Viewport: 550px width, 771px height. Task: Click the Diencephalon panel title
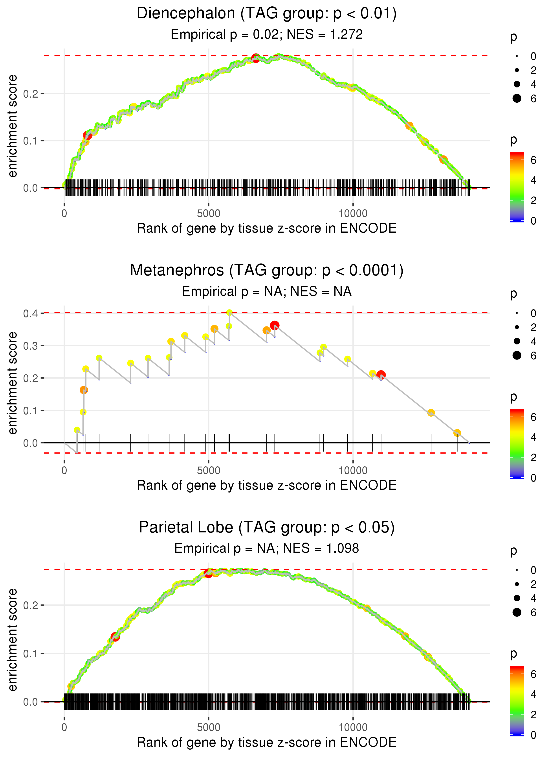click(x=267, y=14)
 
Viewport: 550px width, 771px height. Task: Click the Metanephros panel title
click(x=267, y=271)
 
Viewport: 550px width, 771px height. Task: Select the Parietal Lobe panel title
click(x=267, y=528)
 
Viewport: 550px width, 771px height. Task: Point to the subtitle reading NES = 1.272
click(x=267, y=34)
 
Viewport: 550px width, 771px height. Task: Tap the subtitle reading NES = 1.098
click(x=267, y=548)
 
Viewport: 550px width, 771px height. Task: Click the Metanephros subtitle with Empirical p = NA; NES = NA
click(x=267, y=291)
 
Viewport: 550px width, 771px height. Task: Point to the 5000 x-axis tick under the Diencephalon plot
click(x=208, y=214)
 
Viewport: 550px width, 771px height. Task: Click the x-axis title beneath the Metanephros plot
click(x=267, y=485)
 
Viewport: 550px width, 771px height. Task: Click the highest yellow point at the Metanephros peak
click(x=229, y=312)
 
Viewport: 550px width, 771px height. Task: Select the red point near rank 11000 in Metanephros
click(x=381, y=375)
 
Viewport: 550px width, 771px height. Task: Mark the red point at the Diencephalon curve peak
click(x=256, y=58)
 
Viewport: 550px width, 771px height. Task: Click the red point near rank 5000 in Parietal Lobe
click(x=209, y=573)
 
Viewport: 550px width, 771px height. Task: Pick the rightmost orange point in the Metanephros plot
click(x=457, y=433)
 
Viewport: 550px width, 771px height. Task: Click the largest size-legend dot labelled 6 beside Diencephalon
click(x=517, y=98)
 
